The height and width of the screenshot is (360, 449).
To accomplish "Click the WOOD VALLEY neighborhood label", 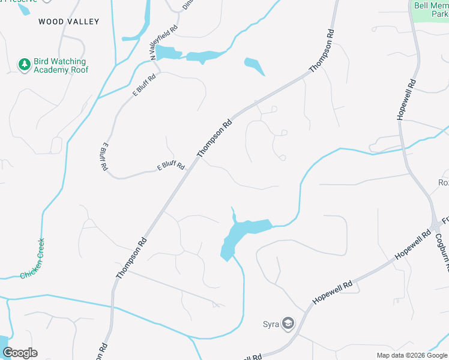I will pos(68,22).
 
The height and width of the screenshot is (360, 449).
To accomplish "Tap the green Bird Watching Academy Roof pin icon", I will pos(24,65).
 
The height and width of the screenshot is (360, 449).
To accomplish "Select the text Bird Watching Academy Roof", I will pos(61,66).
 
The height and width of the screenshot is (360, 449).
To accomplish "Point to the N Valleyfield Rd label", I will pos(164,42).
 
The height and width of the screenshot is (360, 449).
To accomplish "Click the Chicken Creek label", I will pos(32,259).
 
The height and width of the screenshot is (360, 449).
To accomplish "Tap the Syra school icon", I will pos(288,325).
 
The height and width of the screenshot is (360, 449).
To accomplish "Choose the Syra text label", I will pos(271,325).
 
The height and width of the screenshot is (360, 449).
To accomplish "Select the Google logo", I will pos(20,353).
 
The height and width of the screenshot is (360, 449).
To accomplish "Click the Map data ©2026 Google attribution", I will pos(412,355).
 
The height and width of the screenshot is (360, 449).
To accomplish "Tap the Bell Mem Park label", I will pos(431,10).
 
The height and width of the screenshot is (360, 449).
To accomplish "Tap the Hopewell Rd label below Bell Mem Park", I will pos(406,99).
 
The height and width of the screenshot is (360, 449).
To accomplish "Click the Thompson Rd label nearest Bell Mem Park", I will pos(321,51).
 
